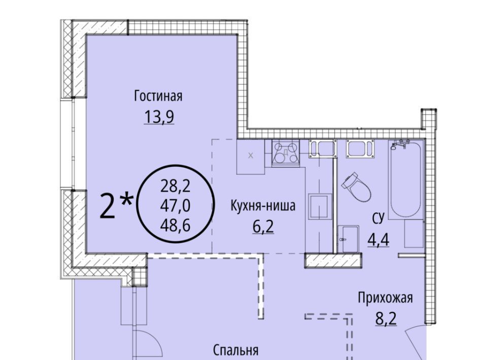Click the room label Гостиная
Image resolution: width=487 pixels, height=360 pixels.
coord(158,96)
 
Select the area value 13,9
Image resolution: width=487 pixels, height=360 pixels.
coord(159,117)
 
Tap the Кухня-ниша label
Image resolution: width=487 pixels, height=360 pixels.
coord(263,206)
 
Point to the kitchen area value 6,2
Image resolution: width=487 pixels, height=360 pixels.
coord(263,227)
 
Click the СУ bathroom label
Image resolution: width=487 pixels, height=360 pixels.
coord(378,219)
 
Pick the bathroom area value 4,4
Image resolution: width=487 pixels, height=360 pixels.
coord(378,240)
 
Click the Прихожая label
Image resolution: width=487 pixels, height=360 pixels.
coord(386,298)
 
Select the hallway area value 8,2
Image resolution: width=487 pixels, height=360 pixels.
coord(386,318)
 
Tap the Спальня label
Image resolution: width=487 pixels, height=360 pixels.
coord(236,350)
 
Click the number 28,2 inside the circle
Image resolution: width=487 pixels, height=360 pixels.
coord(175,187)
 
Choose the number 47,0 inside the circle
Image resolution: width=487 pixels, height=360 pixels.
coord(175,206)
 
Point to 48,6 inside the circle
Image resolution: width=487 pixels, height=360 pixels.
coord(175,225)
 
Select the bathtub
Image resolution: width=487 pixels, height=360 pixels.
coord(405,179)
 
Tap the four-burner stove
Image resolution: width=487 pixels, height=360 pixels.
coord(286,153)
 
